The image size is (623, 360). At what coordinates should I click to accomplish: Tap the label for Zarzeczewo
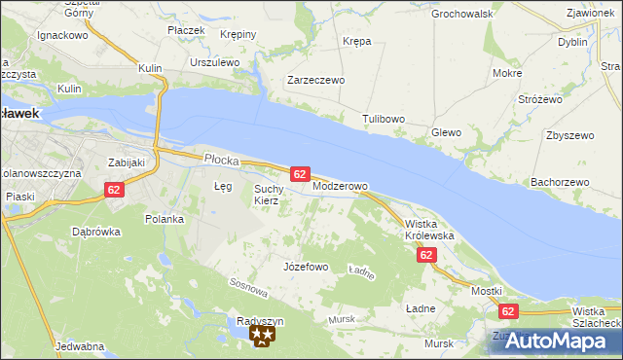click(315, 81)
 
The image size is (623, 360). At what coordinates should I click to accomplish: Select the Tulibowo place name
click(384, 119)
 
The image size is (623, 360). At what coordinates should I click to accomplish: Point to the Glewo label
click(446, 132)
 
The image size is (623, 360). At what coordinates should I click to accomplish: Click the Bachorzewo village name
click(560, 182)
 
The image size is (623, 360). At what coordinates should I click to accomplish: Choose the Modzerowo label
click(340, 186)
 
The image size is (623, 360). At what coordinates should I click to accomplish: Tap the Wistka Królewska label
click(429, 230)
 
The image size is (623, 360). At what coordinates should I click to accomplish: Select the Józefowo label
click(305, 266)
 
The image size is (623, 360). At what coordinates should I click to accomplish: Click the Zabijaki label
click(127, 162)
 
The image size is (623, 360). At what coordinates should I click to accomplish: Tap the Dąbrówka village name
click(95, 232)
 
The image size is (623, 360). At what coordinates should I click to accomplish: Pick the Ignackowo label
click(62, 34)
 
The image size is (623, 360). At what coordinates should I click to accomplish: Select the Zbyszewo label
click(570, 135)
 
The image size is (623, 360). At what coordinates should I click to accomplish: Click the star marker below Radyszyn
click(263, 337)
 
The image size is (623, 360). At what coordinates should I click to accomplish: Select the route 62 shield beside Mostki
click(508, 311)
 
